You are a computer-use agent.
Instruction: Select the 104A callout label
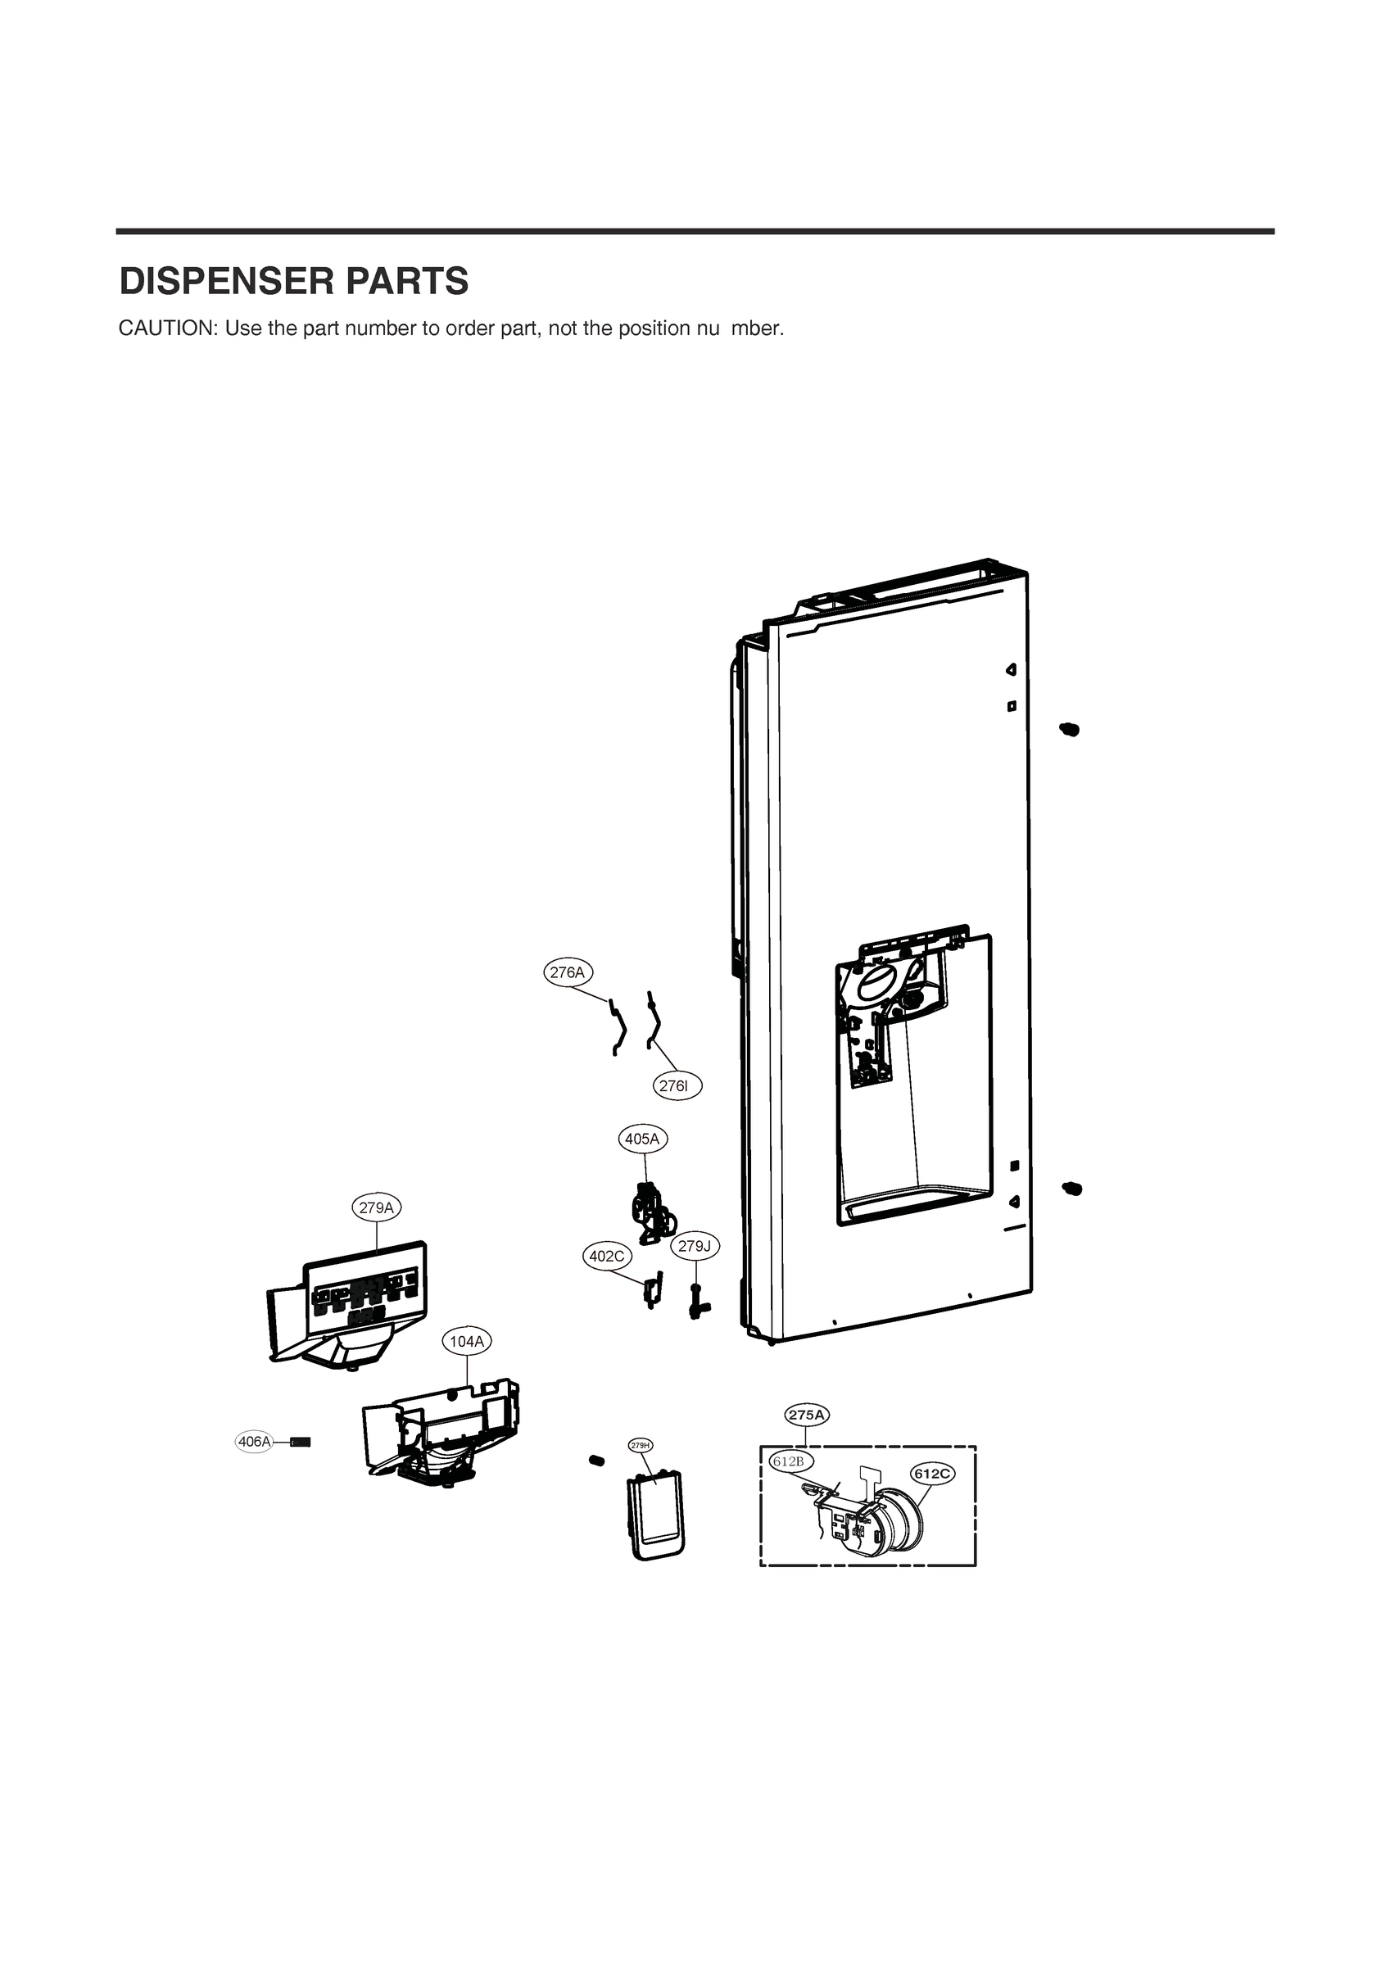(467, 1341)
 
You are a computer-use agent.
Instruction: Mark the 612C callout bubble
(932, 1474)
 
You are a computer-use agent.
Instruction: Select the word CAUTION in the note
(168, 328)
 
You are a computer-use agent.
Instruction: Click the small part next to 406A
(301, 1442)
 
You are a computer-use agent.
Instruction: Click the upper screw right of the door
(1069, 729)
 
